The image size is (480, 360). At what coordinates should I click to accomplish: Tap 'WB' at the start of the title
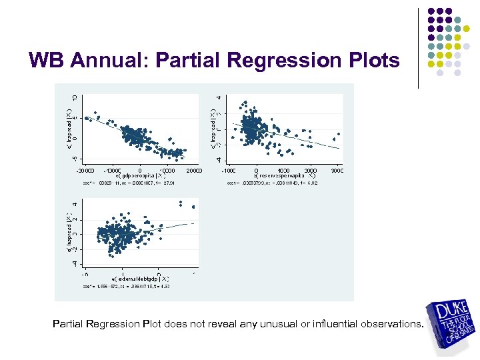47,61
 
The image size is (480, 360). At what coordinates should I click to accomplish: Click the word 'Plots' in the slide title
369,61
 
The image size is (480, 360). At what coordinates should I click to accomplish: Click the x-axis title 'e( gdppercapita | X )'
139,175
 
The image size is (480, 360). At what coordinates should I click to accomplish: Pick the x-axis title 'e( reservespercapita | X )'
284,175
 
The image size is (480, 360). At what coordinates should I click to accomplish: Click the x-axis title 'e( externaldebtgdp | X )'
140,278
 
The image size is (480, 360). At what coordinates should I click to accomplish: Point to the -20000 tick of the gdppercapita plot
85,170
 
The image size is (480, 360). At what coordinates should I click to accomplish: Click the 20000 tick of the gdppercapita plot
194,170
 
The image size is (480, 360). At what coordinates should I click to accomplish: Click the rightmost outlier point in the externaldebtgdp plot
193,207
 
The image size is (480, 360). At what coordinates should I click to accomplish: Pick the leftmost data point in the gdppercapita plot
86,118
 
